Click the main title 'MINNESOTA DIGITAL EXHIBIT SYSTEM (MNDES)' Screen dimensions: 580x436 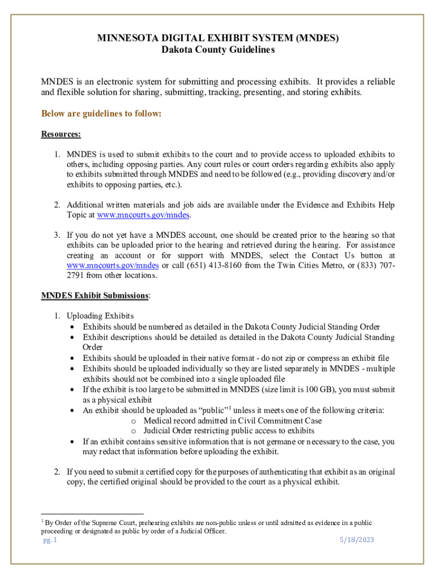(218, 39)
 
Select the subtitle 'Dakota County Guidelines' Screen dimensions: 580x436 (218, 50)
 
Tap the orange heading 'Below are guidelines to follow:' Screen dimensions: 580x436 (101, 114)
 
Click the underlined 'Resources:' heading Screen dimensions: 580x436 (61, 134)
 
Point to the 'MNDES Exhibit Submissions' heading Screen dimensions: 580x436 (95, 296)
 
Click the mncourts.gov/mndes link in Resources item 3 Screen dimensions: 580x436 (112, 265)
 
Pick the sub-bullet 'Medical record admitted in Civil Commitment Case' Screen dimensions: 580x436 (232, 421)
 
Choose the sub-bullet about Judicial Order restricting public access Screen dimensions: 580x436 (229, 430)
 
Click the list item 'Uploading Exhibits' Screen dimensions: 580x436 (100, 316)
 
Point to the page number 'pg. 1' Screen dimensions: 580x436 (50, 540)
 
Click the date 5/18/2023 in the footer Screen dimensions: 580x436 (357, 540)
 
